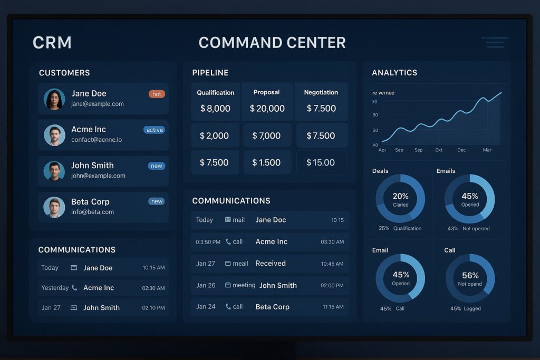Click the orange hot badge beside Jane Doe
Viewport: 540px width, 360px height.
pyautogui.click(x=157, y=94)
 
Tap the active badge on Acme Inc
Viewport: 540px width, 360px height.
pyautogui.click(x=155, y=130)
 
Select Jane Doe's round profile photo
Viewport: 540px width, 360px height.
pyautogui.click(x=54, y=99)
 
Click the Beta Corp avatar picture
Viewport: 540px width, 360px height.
pyautogui.click(x=54, y=207)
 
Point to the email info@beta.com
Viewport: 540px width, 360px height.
pyautogui.click(x=92, y=212)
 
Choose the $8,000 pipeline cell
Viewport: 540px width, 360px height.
pyautogui.click(x=215, y=109)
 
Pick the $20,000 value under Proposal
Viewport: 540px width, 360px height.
pyautogui.click(x=267, y=109)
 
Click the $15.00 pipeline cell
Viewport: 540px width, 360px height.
pyautogui.click(x=321, y=162)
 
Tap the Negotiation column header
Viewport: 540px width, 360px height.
pyautogui.click(x=321, y=92)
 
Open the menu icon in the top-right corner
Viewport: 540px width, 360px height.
pyautogui.click(x=495, y=43)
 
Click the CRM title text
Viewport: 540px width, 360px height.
pyautogui.click(x=52, y=43)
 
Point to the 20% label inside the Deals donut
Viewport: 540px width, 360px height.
pyautogui.click(x=400, y=196)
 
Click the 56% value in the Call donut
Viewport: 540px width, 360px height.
pyautogui.click(x=470, y=275)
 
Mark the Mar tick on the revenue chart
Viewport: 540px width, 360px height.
pyautogui.click(x=487, y=150)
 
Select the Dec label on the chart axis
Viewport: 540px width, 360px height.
pyautogui.click(x=461, y=150)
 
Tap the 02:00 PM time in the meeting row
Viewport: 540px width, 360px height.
pyautogui.click(x=332, y=285)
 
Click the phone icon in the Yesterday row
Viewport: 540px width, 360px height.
pyautogui.click(x=74, y=288)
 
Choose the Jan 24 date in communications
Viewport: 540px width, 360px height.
pyautogui.click(x=206, y=306)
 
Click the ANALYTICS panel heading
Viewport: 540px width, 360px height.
pyautogui.click(x=394, y=73)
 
